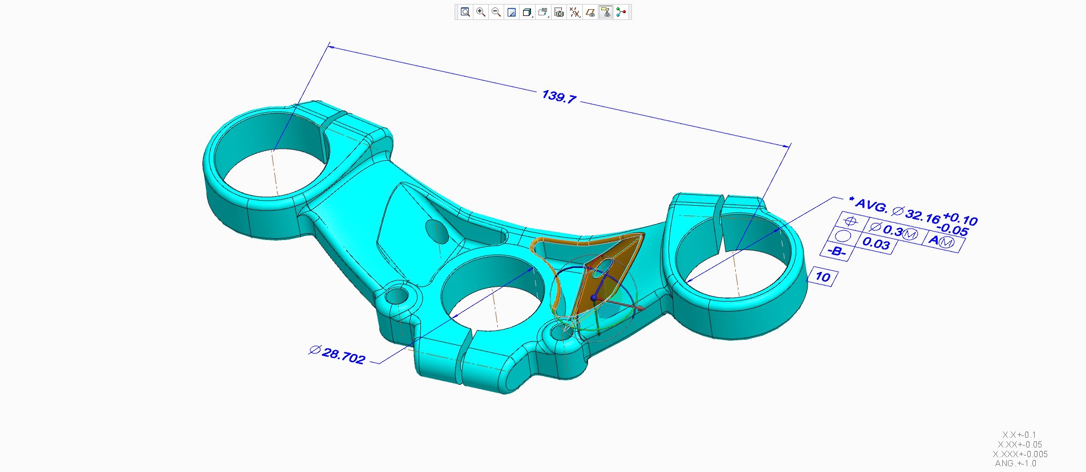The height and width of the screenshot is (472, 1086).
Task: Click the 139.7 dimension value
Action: [x=558, y=97]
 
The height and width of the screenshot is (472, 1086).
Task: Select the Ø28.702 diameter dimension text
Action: [x=338, y=354]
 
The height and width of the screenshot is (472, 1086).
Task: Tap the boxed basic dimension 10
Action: [x=822, y=277]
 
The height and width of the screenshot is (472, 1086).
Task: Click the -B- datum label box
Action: [x=836, y=251]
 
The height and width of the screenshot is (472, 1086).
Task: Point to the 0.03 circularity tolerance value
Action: [x=876, y=243]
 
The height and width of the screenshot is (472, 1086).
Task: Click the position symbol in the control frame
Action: [x=850, y=221]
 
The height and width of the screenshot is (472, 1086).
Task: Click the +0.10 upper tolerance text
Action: [x=961, y=218]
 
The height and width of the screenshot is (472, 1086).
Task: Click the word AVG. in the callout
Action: [x=871, y=205]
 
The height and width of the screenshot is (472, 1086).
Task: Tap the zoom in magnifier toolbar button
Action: [x=481, y=12]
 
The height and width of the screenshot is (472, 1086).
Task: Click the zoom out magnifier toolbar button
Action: [x=496, y=12]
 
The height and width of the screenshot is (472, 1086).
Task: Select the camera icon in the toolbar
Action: [x=559, y=12]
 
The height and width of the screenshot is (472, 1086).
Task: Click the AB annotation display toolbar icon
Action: [x=543, y=12]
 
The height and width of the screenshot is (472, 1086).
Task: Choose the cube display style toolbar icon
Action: [x=527, y=12]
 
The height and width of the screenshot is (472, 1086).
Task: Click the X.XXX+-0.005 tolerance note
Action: [x=1020, y=454]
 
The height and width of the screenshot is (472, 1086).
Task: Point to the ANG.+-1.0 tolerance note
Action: [x=1015, y=463]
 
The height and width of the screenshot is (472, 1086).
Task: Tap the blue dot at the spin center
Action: [x=594, y=298]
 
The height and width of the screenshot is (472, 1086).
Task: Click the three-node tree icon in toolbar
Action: [x=621, y=12]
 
